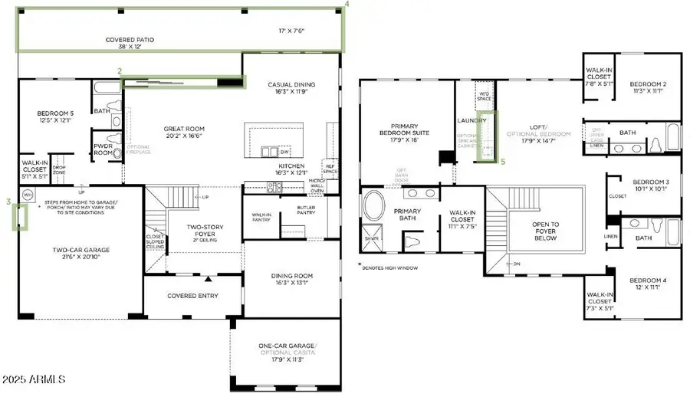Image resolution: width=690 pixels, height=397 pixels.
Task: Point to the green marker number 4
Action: pos(347,5)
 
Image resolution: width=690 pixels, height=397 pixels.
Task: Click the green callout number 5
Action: pos(503,162)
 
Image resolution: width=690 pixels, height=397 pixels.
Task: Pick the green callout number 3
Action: pos(8,202)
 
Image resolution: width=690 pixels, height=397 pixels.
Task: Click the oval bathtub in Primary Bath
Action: pos(376,207)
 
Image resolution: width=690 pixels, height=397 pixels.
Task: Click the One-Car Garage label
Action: pos(287,349)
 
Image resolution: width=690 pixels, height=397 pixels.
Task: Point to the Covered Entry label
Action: pos(192,296)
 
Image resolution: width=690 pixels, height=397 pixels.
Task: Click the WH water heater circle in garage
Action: pos(27,195)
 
